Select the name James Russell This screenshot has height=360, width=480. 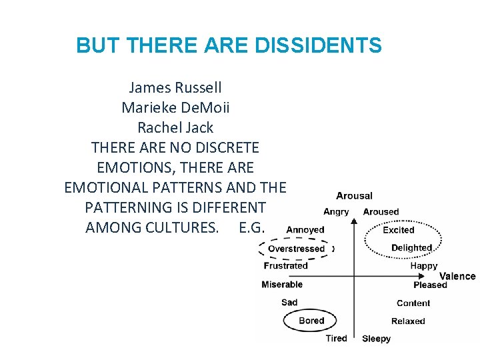[x=175, y=87]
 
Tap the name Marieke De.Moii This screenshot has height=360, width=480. [x=175, y=107]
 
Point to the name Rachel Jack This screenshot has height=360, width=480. [x=175, y=127]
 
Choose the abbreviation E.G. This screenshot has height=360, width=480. [x=251, y=227]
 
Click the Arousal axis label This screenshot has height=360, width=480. [x=354, y=196]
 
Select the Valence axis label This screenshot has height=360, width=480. [x=457, y=276]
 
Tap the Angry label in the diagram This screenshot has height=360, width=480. [x=336, y=212]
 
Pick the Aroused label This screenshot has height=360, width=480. [x=381, y=212]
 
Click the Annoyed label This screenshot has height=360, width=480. [x=305, y=230]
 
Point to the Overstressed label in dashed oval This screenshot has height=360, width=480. [x=296, y=249]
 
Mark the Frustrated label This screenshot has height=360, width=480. [x=286, y=265]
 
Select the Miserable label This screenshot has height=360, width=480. [x=282, y=284]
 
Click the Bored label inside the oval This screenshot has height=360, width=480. [x=311, y=321]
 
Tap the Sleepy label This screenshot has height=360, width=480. [x=376, y=339]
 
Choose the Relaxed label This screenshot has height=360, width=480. [x=408, y=321]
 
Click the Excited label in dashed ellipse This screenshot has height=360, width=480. [x=399, y=230]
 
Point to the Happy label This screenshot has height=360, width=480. [x=424, y=265]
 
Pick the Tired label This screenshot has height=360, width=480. [x=337, y=338]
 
